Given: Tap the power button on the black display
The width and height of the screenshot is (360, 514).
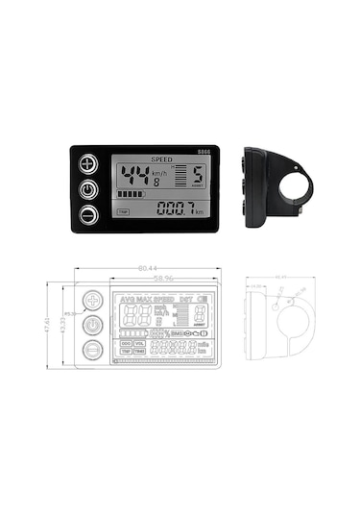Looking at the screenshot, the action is coord(88,188).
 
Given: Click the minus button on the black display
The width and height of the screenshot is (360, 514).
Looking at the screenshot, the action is coord(88,212).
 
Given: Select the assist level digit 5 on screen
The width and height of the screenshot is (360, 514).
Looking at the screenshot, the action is coord(196,177).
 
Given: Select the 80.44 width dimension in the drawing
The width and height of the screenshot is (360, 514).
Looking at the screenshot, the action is coord(147,269).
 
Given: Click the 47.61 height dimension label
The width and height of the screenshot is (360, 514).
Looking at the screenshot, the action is coord(48,327).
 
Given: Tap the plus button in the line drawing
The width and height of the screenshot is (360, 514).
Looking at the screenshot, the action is coord(92,301).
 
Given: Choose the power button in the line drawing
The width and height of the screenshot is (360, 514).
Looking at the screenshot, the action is coord(92,325).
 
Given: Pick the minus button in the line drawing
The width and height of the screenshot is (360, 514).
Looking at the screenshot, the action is coord(92,350).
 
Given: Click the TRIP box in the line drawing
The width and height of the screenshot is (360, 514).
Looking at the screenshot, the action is coord(126,353).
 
